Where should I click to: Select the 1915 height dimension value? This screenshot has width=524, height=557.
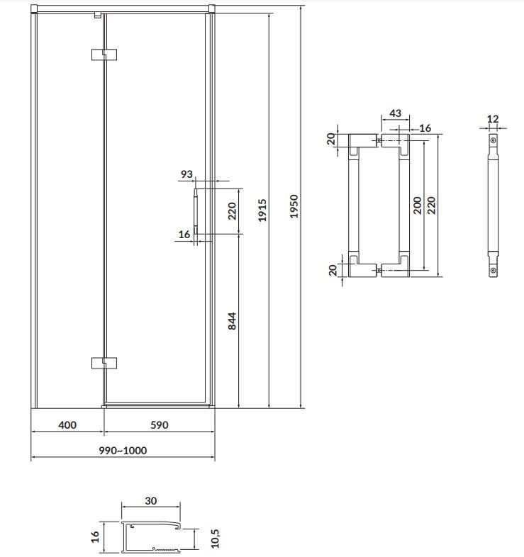coord(264,210)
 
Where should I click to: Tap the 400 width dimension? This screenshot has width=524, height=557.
coord(66,425)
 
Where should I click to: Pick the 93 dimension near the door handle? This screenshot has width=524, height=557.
coord(187,174)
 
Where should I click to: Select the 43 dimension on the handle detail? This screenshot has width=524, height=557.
coord(395,114)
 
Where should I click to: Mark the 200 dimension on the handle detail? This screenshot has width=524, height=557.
coord(417,205)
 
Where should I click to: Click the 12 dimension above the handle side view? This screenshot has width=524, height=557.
coord(494,118)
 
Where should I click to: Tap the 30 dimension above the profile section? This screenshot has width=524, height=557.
coord(150,500)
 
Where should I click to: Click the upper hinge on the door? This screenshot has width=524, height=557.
coord(104,54)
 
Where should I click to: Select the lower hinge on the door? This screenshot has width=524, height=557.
coord(104,363)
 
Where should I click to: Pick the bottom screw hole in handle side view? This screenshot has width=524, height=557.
coord(494,269)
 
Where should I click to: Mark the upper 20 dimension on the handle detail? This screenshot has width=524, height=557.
coord(330,139)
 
